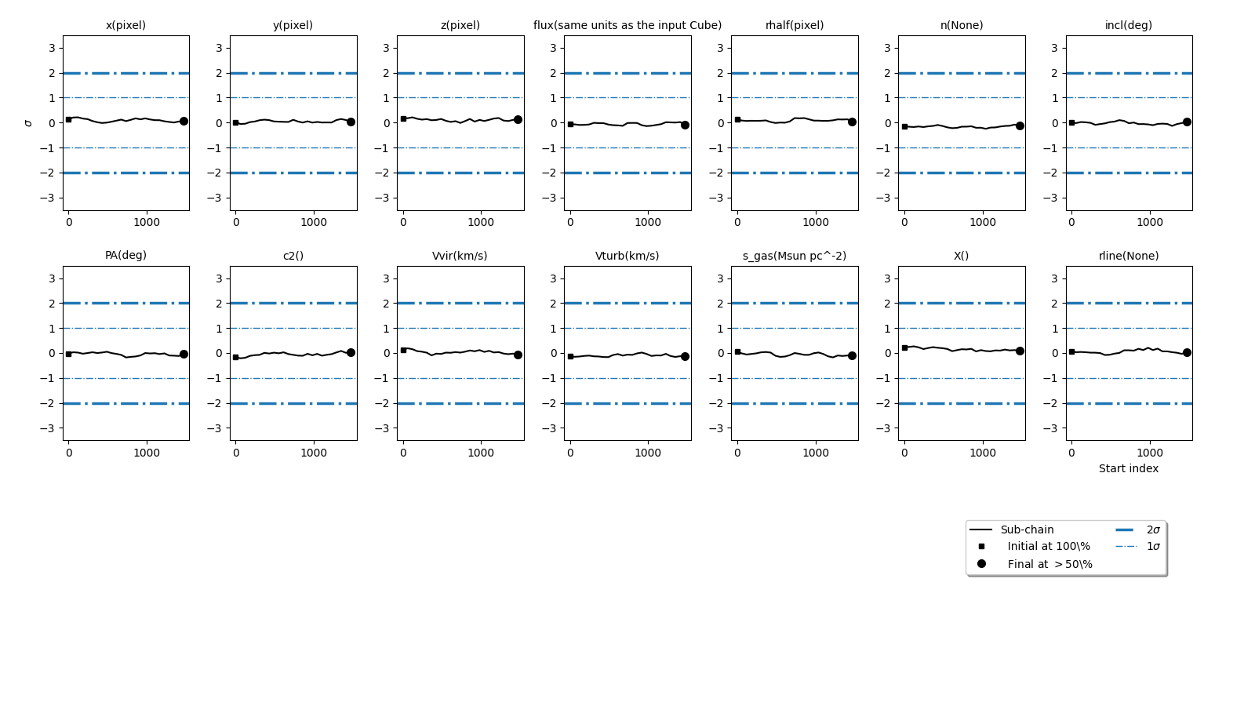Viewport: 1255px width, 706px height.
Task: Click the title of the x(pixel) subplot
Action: coord(125,25)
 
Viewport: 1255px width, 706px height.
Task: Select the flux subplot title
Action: coord(627,25)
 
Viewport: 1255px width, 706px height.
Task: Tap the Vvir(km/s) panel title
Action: coord(460,256)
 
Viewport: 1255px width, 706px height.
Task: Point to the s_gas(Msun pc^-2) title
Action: coord(794,256)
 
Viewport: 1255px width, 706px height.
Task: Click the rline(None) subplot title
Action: coord(1128,256)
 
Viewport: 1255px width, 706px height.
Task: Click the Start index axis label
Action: coord(1128,468)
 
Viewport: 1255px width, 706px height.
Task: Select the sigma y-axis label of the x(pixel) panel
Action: coord(28,123)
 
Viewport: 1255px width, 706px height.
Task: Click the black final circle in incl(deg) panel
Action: coord(1187,122)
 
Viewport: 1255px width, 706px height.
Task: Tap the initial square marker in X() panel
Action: coord(904,348)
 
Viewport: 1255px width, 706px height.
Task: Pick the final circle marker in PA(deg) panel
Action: coord(184,354)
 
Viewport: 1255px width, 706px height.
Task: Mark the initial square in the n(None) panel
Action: coord(904,126)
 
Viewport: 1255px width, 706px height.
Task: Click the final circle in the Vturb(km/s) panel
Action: coord(685,356)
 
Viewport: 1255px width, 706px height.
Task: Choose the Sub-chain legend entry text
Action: coord(1027,529)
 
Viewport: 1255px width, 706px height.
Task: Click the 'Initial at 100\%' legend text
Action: coord(1049,547)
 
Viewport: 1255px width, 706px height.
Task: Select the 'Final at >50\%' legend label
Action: coord(1049,564)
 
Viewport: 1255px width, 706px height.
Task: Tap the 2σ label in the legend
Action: coord(1153,529)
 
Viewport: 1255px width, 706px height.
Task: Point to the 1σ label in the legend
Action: coord(1153,547)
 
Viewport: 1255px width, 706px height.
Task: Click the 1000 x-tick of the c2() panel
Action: coord(314,453)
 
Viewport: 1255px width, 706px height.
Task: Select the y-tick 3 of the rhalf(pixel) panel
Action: coord(720,48)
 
